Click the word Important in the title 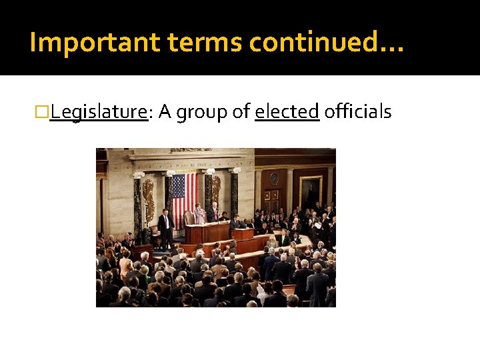pyautogui.click(x=95, y=43)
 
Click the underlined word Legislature pyautogui.click(x=98, y=112)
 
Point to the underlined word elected pyautogui.click(x=287, y=112)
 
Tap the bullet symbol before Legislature pyautogui.click(x=45, y=112)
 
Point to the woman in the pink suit pyautogui.click(x=200, y=215)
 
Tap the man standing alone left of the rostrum pyautogui.click(x=165, y=227)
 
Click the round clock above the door pyautogui.click(x=273, y=179)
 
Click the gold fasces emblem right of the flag pyautogui.click(x=217, y=191)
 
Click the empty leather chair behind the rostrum pyautogui.click(x=190, y=217)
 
